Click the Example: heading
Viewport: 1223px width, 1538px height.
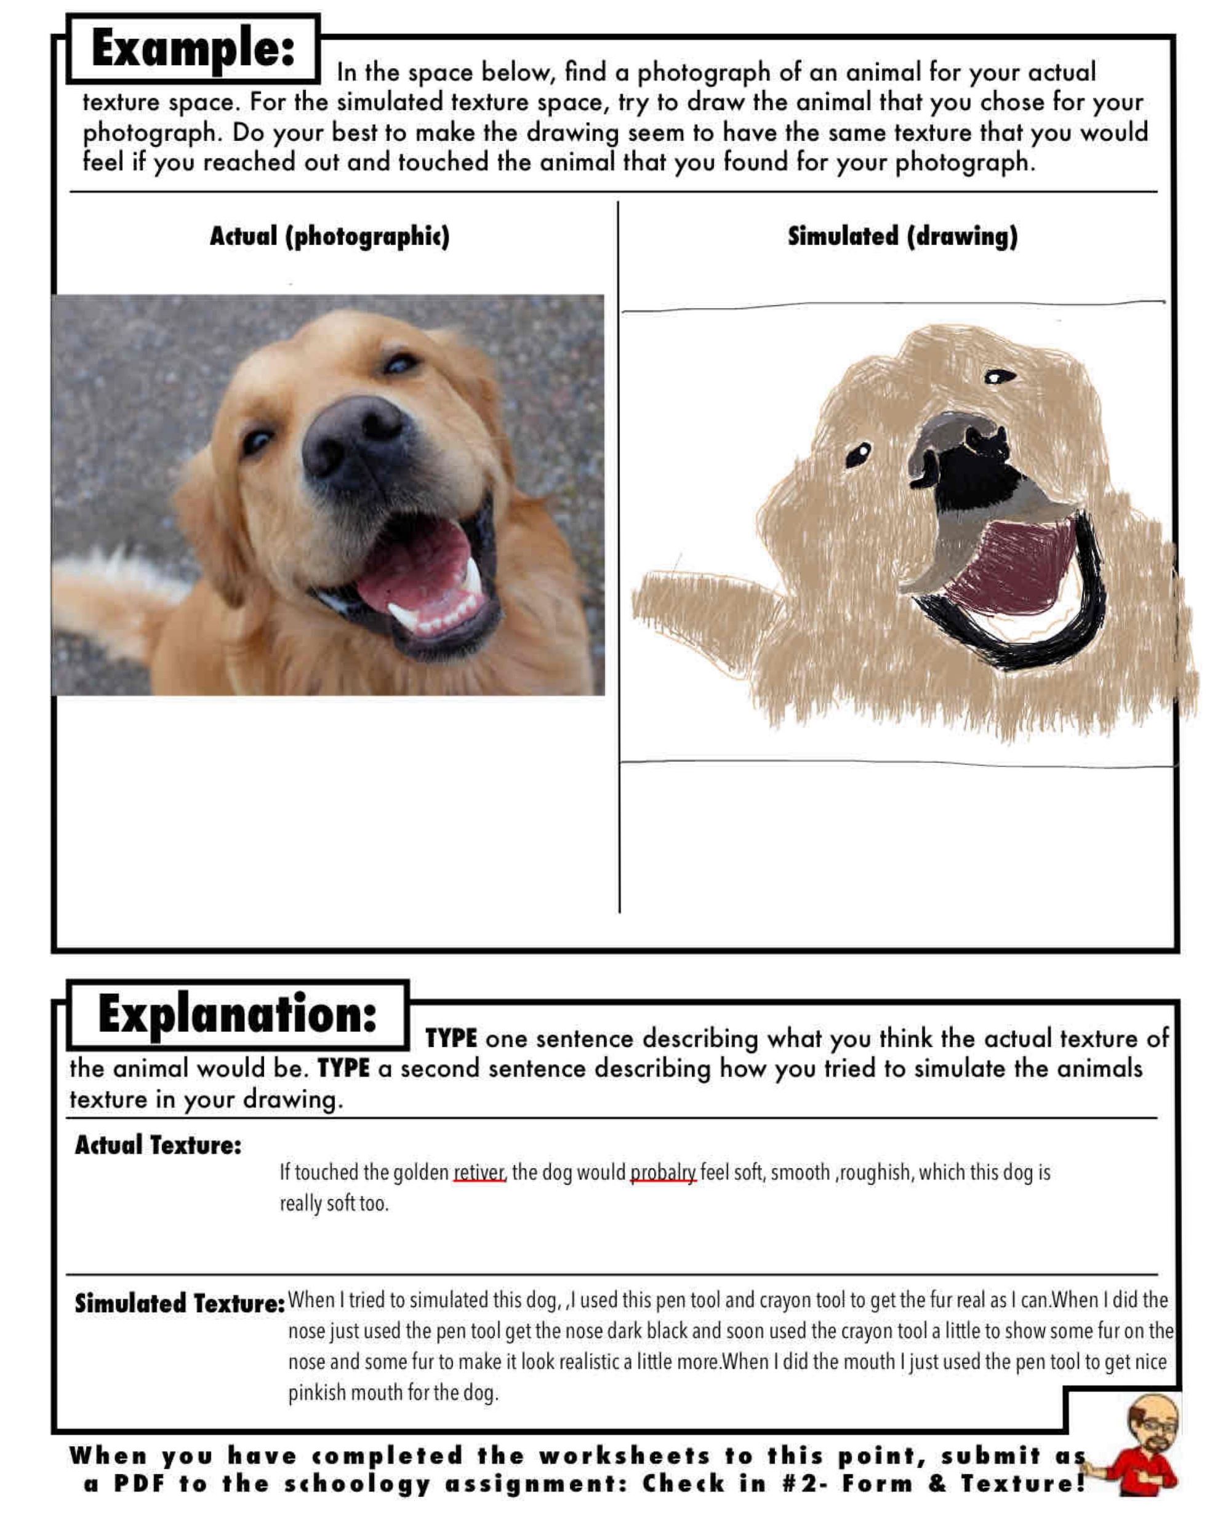pyautogui.click(x=193, y=49)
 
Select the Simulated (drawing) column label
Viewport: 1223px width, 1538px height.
pyautogui.click(x=902, y=236)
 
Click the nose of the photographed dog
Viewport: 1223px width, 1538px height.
pyautogui.click(x=353, y=439)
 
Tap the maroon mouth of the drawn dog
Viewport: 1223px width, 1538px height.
pyautogui.click(x=1013, y=571)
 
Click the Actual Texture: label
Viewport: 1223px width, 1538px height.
pyautogui.click(x=158, y=1146)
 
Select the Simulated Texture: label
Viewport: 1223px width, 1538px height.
pyautogui.click(x=179, y=1304)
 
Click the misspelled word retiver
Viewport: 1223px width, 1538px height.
pyautogui.click(x=479, y=1173)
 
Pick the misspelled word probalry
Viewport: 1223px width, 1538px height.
pyautogui.click(x=662, y=1173)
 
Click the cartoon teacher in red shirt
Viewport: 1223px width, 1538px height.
pyautogui.click(x=1142, y=1452)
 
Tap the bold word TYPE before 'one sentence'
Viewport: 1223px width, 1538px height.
pyautogui.click(x=451, y=1038)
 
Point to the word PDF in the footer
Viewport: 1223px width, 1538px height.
pyautogui.click(x=140, y=1484)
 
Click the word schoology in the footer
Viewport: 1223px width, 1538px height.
pyautogui.click(x=358, y=1484)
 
